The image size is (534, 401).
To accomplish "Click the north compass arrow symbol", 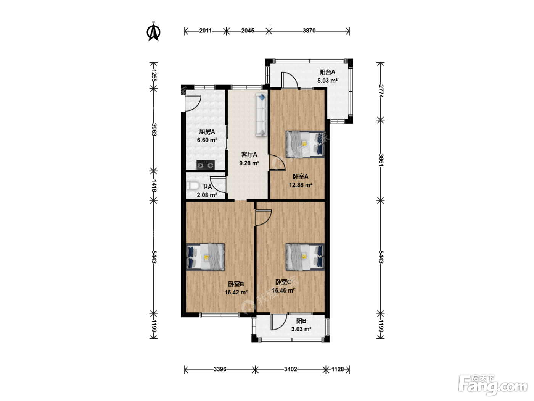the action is tap(153, 31).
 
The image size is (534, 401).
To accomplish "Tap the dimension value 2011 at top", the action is tap(205, 31).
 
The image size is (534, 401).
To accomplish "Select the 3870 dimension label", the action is tap(309, 31).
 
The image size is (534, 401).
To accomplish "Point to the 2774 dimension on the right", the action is tap(381, 91).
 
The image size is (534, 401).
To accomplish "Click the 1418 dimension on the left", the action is tap(154, 186).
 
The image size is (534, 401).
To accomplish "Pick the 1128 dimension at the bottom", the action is tap(338, 369).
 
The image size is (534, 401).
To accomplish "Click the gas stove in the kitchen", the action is tap(206, 165).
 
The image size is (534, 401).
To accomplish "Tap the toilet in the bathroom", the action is tap(193, 186).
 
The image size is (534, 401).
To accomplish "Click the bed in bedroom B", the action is tap(205, 257).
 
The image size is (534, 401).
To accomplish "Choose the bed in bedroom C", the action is tap(305, 257).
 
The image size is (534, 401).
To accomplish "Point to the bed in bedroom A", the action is tap(305, 144).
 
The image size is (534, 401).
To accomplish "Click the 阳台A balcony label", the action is tap(327, 72).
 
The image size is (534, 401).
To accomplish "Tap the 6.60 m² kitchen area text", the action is tap(207, 140).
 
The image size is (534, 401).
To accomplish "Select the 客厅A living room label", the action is tap(249, 154).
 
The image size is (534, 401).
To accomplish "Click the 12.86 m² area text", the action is tap(301, 185).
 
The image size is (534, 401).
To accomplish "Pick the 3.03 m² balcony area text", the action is tap(301, 329).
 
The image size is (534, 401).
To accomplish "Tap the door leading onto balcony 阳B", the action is tap(278, 322).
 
